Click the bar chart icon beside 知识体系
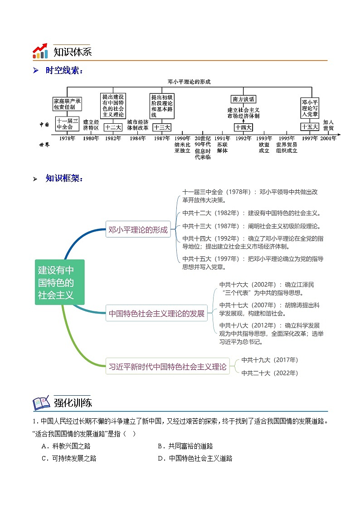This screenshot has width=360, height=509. tap(40, 51)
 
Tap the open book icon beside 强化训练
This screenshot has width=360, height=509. tap(41, 402)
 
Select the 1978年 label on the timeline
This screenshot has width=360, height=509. tap(68, 139)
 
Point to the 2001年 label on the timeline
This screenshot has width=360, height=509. tap(328, 139)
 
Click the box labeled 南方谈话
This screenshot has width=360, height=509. tap(243, 99)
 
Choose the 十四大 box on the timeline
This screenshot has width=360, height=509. tap(243, 127)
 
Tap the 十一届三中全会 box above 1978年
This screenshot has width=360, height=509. tap(68, 123)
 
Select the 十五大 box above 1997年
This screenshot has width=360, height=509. tap(310, 127)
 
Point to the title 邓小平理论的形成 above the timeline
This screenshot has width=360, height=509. tap(189, 82)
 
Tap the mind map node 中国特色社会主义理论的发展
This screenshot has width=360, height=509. tap(157, 313)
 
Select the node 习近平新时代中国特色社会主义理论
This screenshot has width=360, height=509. tap(167, 367)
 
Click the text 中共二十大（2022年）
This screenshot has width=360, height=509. tap(270, 373)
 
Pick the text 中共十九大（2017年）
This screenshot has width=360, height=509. tap(270, 360)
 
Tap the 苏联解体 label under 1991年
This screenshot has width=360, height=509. tap(222, 148)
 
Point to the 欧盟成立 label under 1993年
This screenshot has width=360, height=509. tap(264, 148)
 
